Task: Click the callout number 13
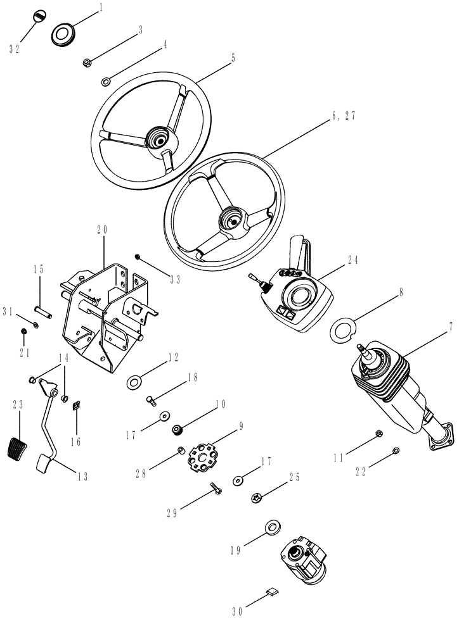82,477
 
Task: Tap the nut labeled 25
257,498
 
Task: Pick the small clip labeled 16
75,405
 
